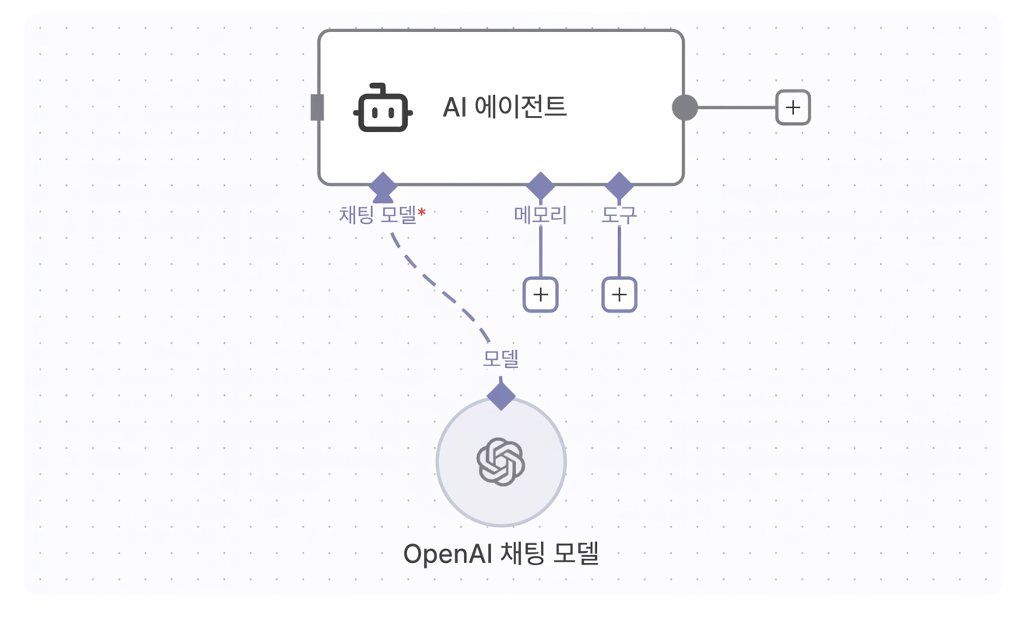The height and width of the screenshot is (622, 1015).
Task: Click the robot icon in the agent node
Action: click(x=383, y=108)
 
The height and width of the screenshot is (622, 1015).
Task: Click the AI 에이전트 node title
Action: click(x=504, y=107)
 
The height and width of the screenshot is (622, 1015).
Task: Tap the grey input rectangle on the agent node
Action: click(x=318, y=107)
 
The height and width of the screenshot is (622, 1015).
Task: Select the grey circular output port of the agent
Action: click(x=685, y=107)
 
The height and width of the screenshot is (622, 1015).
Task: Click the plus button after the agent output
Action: click(x=793, y=107)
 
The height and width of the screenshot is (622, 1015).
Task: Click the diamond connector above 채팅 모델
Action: click(x=383, y=186)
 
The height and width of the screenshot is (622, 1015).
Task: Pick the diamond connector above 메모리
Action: click(x=540, y=186)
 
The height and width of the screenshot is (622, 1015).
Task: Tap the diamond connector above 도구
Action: click(x=620, y=186)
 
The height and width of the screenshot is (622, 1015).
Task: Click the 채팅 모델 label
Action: click(x=378, y=215)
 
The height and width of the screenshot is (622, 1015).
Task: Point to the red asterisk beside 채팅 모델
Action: click(x=422, y=211)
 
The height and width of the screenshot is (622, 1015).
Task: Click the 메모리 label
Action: click(x=540, y=215)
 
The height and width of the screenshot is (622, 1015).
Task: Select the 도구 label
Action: click(x=619, y=215)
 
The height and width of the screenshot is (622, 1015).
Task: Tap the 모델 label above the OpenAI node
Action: click(x=500, y=358)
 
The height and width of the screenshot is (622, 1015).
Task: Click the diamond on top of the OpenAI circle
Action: click(x=500, y=396)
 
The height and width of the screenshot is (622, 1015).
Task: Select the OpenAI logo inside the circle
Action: click(x=500, y=462)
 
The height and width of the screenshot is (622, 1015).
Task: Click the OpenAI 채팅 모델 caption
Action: click(x=501, y=554)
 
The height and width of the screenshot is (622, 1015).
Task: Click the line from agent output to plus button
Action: click(x=737, y=107)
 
